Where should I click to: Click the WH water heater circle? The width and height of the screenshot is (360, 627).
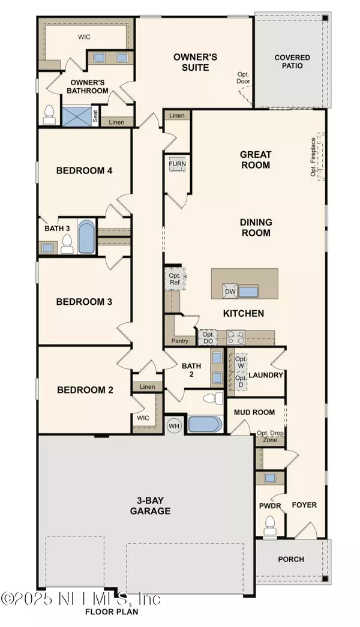pos(173,426)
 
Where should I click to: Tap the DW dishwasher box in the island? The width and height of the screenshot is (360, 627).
pos(230,292)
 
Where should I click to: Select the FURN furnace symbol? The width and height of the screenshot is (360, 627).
pos(177,164)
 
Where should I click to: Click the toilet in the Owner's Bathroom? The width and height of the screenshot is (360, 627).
pos(49,115)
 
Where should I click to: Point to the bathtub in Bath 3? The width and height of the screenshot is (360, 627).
pos(86,237)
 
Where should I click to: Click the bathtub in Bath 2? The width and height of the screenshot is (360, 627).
pos(205,424)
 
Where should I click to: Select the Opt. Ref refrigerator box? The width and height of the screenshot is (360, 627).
pos(175,279)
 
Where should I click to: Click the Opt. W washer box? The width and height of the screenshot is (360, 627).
pos(241,362)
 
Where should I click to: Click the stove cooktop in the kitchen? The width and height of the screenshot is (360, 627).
pos(236,337)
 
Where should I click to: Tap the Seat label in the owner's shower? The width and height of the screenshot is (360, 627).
pos(95,116)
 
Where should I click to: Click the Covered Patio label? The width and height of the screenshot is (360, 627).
pos(292,62)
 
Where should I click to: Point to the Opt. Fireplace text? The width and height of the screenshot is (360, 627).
pos(313,157)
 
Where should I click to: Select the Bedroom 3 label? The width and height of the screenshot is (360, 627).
pos(84,302)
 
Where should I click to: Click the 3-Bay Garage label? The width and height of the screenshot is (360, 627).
pos(151,505)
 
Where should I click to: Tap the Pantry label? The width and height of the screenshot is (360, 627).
pos(179,341)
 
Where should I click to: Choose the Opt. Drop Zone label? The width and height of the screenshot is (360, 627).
pos(271,437)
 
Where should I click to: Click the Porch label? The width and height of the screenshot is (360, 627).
pos(291,559)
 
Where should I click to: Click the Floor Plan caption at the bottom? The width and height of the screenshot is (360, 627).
pos(112,611)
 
